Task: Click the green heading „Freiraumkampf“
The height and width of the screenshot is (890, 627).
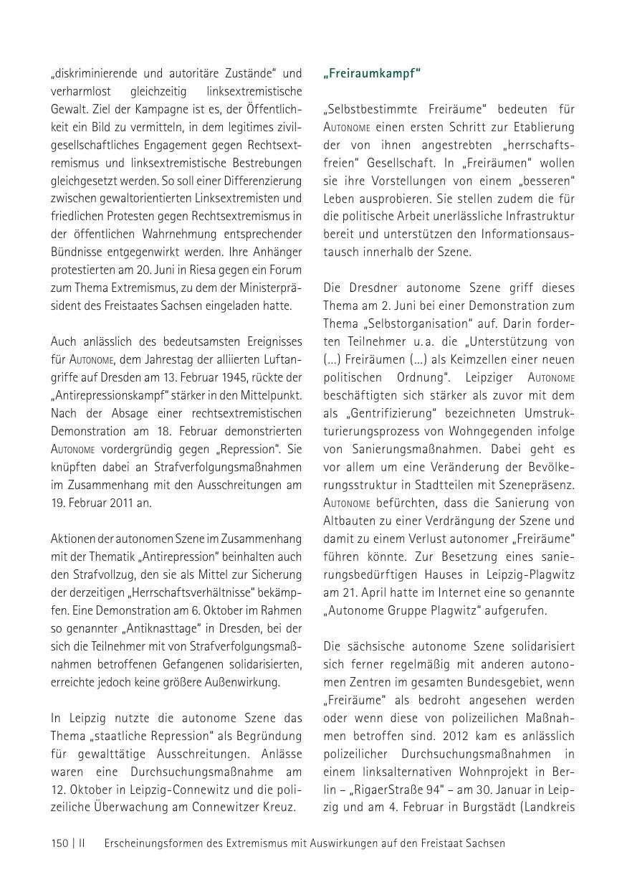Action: [371, 73]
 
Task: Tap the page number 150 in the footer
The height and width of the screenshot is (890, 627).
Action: [59, 843]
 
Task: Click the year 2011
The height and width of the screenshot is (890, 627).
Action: [111, 503]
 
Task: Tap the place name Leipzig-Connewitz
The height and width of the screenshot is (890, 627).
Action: [168, 790]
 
